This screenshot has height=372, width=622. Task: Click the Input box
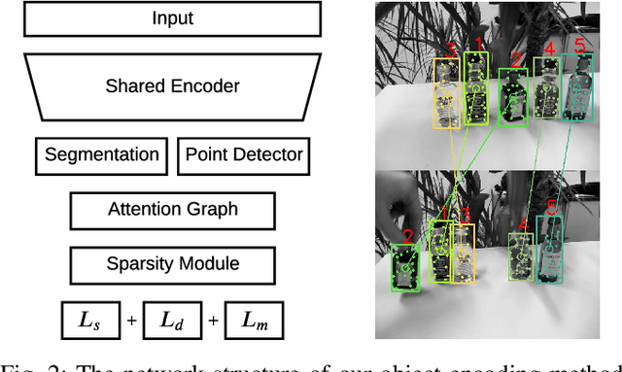click(173, 18)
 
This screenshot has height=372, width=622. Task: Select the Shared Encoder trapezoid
click(173, 85)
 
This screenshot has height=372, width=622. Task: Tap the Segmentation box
click(102, 155)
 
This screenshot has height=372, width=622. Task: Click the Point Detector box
click(244, 155)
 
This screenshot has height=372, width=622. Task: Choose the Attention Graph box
click(173, 210)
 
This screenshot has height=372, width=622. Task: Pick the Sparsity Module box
click(173, 263)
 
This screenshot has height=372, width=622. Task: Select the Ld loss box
click(171, 320)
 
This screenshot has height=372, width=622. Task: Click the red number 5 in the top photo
click(579, 45)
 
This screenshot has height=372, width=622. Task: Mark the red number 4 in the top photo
click(549, 50)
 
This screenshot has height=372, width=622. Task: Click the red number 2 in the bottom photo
click(407, 235)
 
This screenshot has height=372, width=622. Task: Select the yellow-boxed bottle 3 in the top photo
click(447, 95)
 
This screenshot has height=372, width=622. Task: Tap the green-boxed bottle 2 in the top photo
click(512, 98)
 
